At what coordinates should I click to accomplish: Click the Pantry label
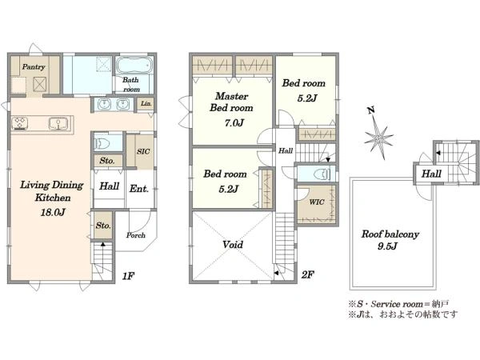click(x=34, y=66)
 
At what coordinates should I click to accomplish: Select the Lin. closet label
click(x=146, y=103)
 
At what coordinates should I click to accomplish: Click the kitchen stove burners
click(x=20, y=123)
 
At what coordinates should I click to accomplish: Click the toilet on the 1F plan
click(x=101, y=143)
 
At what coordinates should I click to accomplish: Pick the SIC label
click(x=143, y=151)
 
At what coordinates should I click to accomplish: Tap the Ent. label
click(x=138, y=189)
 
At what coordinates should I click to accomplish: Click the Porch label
click(x=136, y=235)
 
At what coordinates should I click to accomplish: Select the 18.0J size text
click(x=53, y=212)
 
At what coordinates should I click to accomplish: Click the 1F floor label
click(x=128, y=276)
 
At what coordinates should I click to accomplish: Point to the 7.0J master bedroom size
click(x=234, y=122)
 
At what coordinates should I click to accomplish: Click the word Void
click(x=233, y=245)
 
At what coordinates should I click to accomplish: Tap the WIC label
click(x=317, y=202)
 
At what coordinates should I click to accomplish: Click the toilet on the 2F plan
click(x=322, y=174)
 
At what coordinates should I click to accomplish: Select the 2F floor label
click(x=308, y=274)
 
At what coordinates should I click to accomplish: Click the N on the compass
click(x=371, y=110)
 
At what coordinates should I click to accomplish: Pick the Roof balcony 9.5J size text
click(x=387, y=246)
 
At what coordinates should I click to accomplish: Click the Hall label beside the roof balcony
click(x=431, y=174)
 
